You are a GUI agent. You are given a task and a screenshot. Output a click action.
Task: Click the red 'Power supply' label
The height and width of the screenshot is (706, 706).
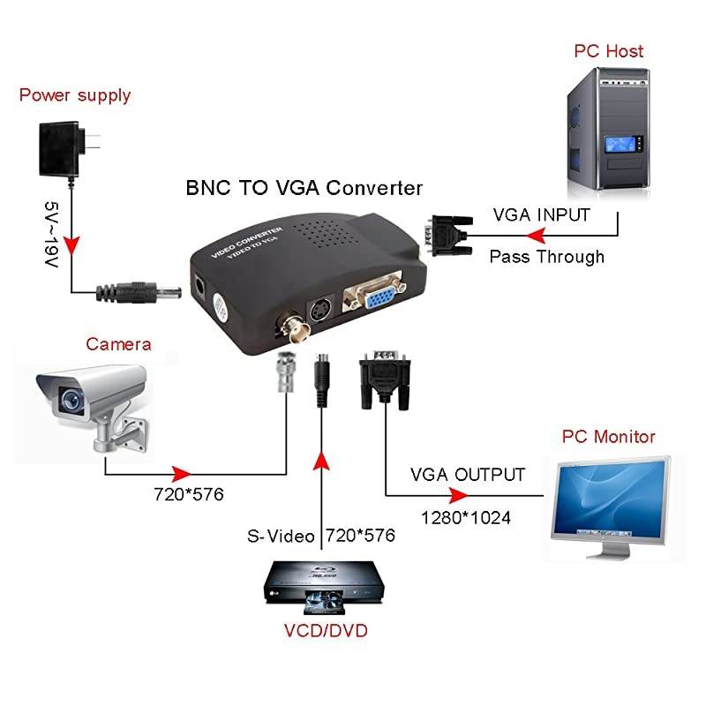coord(75,95)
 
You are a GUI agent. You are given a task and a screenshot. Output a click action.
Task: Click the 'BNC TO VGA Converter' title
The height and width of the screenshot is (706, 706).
coord(304,188)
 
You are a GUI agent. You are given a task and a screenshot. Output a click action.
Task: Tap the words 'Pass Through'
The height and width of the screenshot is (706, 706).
coord(547,257)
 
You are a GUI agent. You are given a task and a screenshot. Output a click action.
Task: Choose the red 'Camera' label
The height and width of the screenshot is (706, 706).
coord(119,343)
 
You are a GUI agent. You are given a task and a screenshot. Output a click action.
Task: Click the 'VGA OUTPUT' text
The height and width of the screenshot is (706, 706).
coord(468,475)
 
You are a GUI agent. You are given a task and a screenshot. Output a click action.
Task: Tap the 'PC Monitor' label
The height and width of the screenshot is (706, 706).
coord(609,437)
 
